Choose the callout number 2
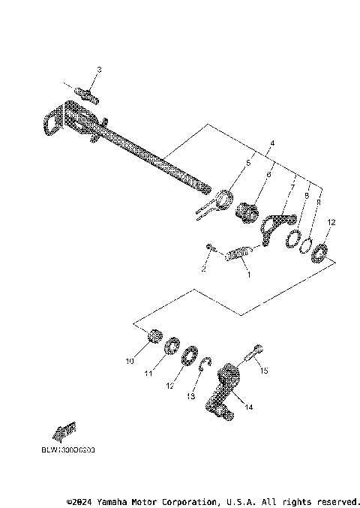[x=202, y=267]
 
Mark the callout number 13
[x=190, y=395]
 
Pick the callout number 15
[x=262, y=370]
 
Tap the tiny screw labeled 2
[x=210, y=248]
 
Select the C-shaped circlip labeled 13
[x=208, y=365]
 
